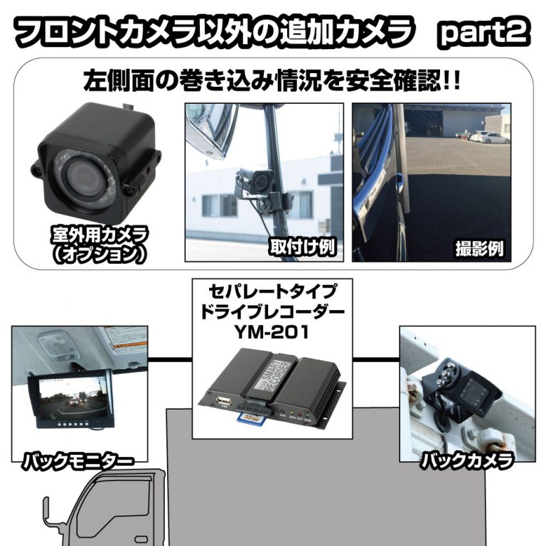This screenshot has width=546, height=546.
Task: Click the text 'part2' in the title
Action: click(484, 34)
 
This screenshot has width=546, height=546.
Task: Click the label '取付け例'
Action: click(303, 247)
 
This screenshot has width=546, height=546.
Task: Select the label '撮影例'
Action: click(479, 248)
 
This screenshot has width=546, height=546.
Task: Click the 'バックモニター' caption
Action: click(78, 461)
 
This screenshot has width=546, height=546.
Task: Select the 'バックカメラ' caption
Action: click(467, 460)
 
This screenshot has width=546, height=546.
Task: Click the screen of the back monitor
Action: click(68, 396)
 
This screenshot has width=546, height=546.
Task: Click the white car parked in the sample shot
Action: click(484, 136)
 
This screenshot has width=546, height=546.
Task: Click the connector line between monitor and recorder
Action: click(171, 359)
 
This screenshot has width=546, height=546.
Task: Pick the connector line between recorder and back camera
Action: click(375, 358)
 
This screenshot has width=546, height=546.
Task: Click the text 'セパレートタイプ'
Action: click(272, 291)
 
